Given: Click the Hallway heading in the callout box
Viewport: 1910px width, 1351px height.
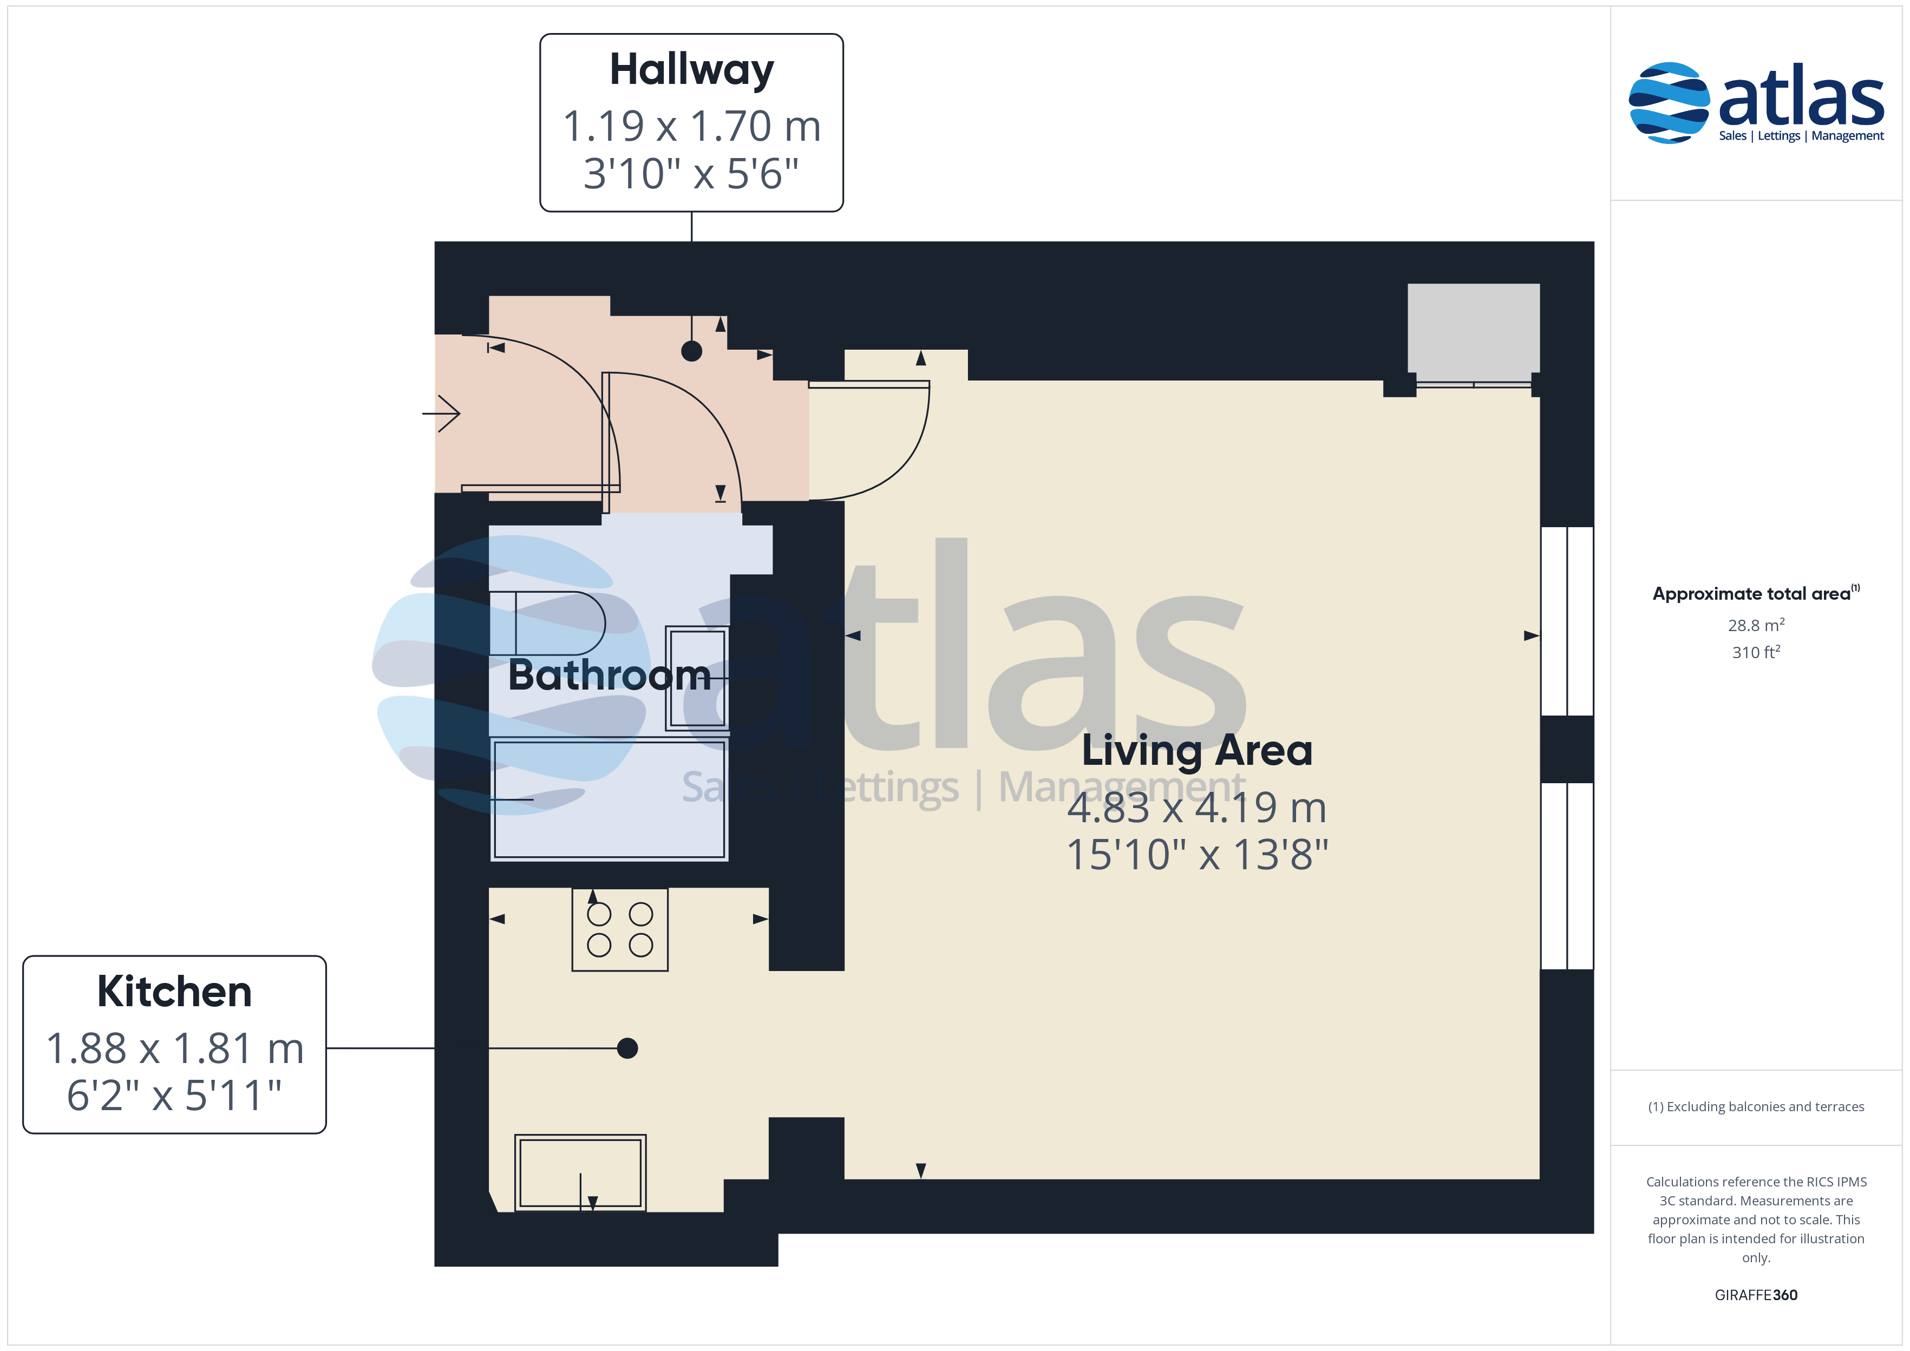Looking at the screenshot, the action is tap(691, 70).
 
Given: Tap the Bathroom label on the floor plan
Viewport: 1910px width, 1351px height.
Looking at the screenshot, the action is tap(609, 674).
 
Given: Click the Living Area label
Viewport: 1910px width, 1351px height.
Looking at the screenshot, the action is tap(1197, 750).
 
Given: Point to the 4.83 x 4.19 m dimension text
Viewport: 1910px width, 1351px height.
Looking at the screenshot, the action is tap(1197, 807).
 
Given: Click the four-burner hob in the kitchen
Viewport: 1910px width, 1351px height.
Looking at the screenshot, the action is tap(620, 929).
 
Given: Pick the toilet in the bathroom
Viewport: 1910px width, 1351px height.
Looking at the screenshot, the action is tap(547, 623).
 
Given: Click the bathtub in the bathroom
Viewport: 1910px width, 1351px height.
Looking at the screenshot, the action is tap(609, 798).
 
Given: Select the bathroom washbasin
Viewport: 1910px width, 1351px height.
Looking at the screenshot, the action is tap(697, 678).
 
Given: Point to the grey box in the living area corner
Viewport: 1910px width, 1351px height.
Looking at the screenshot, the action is tap(1473, 328).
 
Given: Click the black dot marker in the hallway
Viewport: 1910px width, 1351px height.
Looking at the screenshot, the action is tap(691, 351).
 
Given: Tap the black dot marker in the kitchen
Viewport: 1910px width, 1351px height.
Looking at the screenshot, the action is tap(627, 1048).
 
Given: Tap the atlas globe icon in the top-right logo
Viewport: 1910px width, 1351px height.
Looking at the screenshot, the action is tap(1669, 102).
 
